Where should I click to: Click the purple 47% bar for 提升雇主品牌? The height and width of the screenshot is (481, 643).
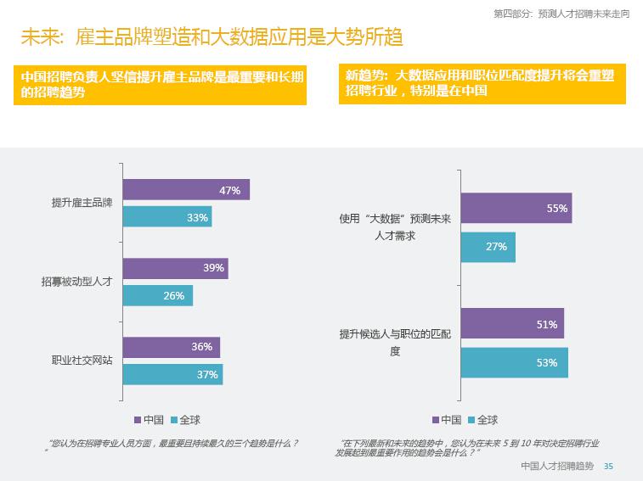tap(186, 191)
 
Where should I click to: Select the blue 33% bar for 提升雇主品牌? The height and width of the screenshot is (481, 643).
tap(167, 218)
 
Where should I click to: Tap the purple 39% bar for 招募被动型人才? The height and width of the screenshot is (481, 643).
tap(175, 268)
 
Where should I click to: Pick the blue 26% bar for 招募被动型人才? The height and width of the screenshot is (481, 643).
tap(158, 295)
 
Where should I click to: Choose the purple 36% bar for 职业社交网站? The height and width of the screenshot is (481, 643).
tap(172, 347)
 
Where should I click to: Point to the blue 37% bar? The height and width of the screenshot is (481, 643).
tap(172, 374)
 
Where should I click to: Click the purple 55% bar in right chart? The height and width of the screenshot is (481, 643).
tap(516, 208)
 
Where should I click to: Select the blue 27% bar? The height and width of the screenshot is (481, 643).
tap(488, 246)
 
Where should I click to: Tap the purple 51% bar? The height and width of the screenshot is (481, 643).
tap(512, 324)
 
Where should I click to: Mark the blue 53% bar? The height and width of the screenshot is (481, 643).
tap(514, 362)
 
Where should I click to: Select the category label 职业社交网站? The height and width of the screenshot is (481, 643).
tap(82, 360)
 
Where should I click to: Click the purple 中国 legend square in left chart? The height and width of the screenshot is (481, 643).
tap(138, 420)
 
